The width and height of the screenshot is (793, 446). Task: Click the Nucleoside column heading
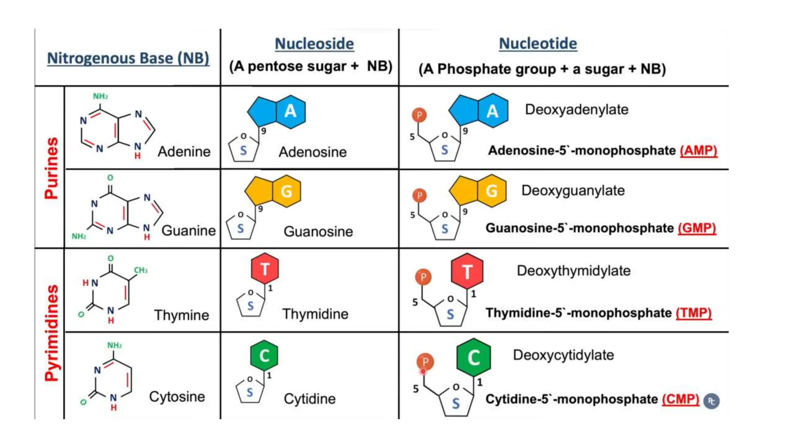pos(314,44)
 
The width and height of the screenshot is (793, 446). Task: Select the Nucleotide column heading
pos(537,43)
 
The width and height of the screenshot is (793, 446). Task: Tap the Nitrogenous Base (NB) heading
pos(128,58)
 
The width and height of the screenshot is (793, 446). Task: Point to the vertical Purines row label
pos(51,168)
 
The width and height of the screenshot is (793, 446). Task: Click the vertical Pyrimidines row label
pos(51,333)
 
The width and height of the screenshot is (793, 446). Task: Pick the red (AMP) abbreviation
pos(699,150)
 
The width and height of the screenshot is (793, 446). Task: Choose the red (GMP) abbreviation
pos(697,228)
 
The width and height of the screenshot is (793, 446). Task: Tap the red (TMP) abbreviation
pos(693,312)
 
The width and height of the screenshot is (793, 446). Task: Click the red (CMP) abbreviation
pos(680,399)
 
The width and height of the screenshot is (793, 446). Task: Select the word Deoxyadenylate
pos(576,110)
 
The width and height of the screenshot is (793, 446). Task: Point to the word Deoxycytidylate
pos(563,355)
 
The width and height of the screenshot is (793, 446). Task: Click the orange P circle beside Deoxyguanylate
pos(419,195)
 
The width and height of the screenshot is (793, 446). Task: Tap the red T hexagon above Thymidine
pos(265,269)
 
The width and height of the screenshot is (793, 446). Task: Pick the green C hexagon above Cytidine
pos(264,355)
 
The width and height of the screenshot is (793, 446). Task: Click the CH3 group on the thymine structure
pos(141,270)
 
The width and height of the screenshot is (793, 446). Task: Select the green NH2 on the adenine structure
pos(100,96)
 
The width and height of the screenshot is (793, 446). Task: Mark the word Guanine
pos(188,230)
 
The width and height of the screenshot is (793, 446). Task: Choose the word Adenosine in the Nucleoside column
pos(312,152)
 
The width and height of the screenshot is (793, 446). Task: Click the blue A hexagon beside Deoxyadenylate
pos(492,111)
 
